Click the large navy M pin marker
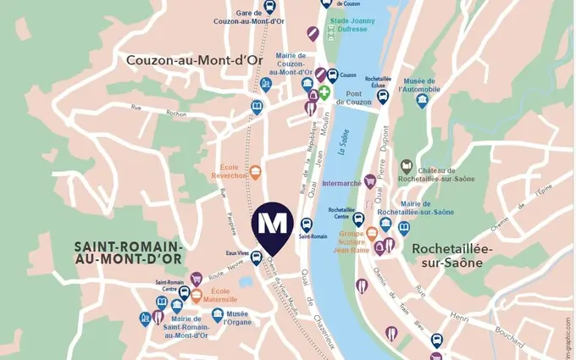pyautogui.click(x=272, y=224)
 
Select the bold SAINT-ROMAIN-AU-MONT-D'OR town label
pyautogui.click(x=128, y=252)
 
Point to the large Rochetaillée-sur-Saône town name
pyautogui.click(x=446, y=255)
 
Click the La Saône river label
pyautogui.click(x=343, y=147)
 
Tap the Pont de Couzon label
pyautogui.click(x=353, y=97)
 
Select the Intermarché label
pyautogui.click(x=343, y=182)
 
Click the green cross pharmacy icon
pyautogui.click(x=324, y=91)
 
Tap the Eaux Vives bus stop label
pyautogui.click(x=237, y=252)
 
